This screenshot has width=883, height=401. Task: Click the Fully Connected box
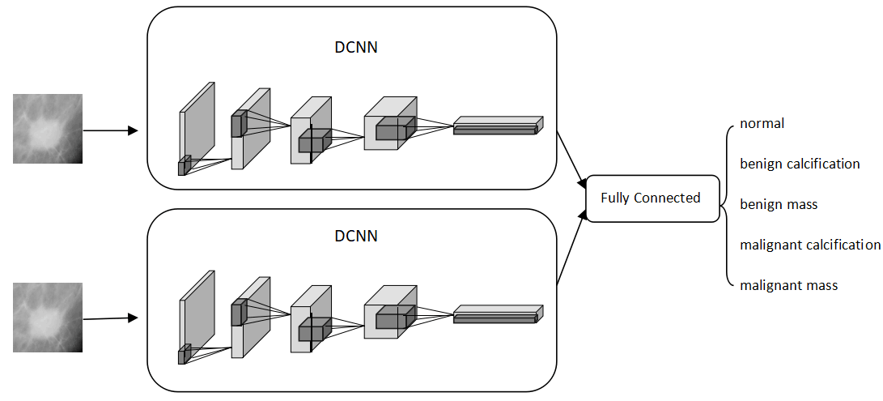coord(652,198)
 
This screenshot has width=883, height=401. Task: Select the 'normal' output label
coord(762,124)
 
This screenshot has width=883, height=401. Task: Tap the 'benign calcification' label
coord(800,164)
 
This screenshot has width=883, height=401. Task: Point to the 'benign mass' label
coord(779,204)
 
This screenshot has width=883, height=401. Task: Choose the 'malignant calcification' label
coord(810,245)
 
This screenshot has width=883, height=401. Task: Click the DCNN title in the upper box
coord(356,47)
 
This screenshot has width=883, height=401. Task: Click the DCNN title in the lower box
coord(356,237)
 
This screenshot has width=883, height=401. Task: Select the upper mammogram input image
coord(48,129)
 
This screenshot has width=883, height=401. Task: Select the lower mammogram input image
coord(48,317)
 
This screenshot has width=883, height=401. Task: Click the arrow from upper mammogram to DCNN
coord(111,130)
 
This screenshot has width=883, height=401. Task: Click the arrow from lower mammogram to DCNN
coord(111,318)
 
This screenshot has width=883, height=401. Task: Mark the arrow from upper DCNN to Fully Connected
coord(571,159)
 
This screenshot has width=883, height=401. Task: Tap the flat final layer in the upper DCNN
coord(497,126)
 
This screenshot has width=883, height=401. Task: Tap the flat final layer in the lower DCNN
coord(497,314)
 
